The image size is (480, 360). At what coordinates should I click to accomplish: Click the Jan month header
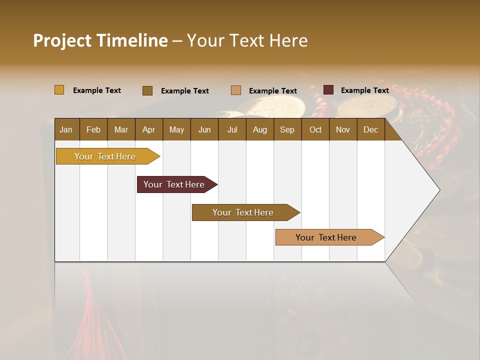tap(66, 129)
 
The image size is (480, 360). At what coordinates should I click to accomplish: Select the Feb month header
tap(93, 129)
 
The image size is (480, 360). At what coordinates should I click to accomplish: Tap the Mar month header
tap(121, 129)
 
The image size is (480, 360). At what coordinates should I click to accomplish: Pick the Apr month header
tap(148, 129)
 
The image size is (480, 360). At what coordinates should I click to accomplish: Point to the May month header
tap(176, 129)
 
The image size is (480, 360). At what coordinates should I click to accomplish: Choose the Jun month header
tap(204, 129)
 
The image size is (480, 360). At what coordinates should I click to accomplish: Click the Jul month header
tap(232, 129)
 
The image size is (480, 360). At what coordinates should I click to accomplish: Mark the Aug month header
tap(259, 129)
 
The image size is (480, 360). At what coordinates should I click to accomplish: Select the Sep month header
tap(287, 129)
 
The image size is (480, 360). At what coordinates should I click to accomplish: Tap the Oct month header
tap(315, 129)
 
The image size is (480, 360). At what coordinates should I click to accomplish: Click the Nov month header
tap(343, 129)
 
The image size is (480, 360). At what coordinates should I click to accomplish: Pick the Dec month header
tap(370, 129)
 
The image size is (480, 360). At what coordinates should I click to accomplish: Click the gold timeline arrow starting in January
tap(105, 156)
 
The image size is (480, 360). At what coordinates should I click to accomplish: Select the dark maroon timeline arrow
tap(174, 184)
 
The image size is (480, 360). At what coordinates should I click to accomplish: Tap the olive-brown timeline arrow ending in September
tap(243, 212)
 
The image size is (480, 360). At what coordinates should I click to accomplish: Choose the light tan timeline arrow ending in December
tap(326, 237)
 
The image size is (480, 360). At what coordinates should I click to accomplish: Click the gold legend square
tap(59, 90)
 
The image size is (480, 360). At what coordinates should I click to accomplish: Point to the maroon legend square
tap(328, 90)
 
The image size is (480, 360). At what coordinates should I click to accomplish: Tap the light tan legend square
tap(236, 90)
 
